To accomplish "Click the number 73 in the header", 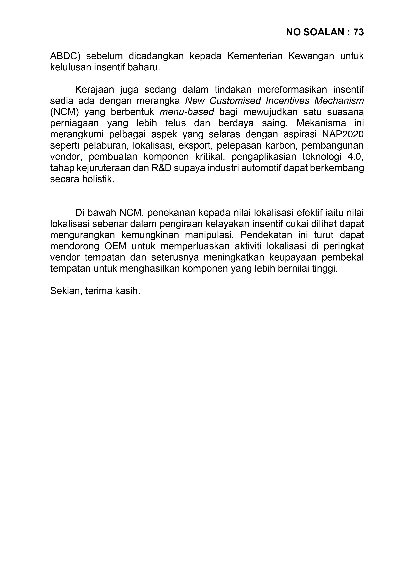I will [x=358, y=32].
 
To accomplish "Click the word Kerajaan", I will [x=94, y=90].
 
